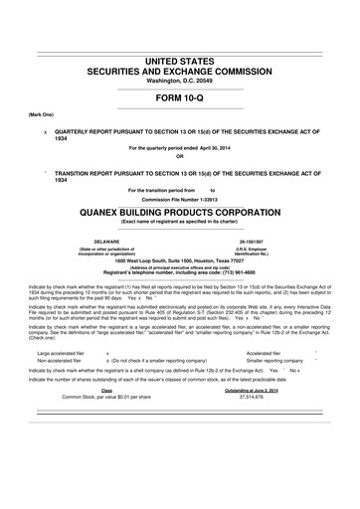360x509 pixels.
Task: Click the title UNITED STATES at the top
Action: pyautogui.click(x=180, y=61)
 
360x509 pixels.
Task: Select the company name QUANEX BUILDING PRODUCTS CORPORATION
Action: pyautogui.click(x=180, y=213)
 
